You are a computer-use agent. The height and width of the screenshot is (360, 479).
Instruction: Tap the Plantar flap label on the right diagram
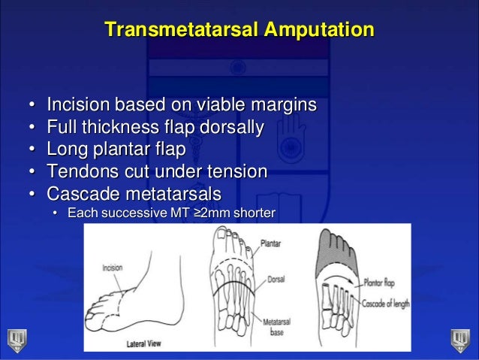(x=383, y=283)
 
